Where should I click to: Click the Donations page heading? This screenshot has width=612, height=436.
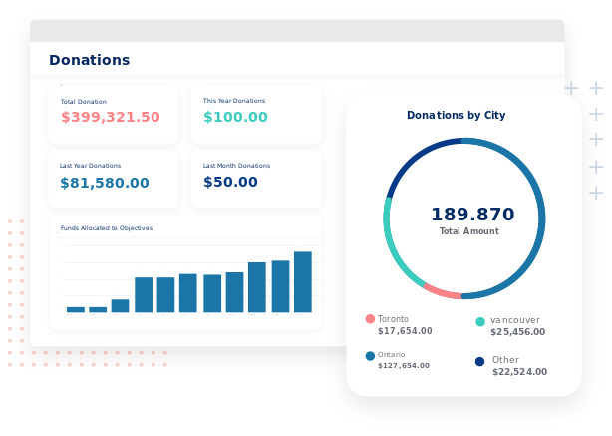[89, 60]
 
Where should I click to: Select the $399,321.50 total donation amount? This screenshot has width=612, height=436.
[110, 117]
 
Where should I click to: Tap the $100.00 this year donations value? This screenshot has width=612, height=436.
[235, 117]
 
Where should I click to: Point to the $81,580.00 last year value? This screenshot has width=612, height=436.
[104, 183]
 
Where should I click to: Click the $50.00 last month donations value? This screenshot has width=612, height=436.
[230, 182]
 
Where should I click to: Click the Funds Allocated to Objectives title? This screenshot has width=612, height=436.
[106, 228]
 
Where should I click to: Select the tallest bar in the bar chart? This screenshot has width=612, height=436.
[303, 282]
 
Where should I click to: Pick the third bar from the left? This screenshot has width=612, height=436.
[120, 305]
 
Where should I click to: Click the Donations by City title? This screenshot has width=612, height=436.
[456, 116]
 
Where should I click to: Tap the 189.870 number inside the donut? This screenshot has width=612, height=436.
[472, 215]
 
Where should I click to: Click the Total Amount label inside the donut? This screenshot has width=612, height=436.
[468, 231]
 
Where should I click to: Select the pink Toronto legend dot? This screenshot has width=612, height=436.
[370, 319]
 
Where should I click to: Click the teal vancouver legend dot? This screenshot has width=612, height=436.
[480, 321]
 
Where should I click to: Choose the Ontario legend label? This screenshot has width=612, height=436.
[392, 355]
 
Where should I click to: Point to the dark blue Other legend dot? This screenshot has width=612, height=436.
[479, 361]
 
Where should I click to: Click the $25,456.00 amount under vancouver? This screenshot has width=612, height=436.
[517, 332]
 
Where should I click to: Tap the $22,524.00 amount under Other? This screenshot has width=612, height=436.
[519, 372]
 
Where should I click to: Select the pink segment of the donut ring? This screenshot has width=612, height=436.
[443, 292]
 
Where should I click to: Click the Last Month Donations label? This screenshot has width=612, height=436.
[236, 166]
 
